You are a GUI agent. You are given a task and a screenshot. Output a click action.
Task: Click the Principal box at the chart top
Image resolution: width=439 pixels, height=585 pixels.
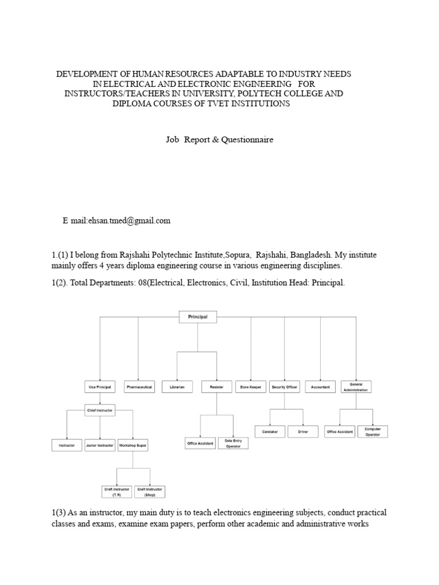(197, 316)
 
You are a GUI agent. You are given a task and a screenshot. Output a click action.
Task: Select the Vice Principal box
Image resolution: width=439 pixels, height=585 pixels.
(99, 387)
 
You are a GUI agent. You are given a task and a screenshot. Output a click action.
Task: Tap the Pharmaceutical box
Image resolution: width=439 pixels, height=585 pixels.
(139, 387)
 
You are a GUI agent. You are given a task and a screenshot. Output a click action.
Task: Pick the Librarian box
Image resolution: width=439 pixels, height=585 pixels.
(177, 387)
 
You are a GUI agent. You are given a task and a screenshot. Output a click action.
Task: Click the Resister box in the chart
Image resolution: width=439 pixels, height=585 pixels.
(217, 387)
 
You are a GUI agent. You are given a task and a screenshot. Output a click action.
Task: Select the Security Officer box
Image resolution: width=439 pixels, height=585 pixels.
(285, 387)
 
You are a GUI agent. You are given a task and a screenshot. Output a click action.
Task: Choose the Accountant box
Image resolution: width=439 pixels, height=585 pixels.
(320, 387)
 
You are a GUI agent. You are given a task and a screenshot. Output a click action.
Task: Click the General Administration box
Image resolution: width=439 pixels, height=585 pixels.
(356, 387)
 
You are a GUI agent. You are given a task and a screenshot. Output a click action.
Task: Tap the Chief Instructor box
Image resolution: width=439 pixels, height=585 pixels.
(99, 410)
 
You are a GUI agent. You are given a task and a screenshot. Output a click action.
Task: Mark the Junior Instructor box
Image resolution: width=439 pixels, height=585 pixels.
(99, 445)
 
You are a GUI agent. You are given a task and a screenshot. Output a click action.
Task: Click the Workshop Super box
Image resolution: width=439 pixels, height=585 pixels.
(133, 445)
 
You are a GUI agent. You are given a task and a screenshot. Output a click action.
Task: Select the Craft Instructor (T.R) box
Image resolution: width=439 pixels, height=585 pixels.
(117, 492)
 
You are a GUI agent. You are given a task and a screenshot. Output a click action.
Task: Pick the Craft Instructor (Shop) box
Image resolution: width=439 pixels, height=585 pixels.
(150, 492)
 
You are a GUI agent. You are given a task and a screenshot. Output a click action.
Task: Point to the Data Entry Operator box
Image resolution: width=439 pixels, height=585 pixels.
(233, 443)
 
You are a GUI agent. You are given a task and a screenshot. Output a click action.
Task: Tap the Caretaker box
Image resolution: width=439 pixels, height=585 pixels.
(269, 432)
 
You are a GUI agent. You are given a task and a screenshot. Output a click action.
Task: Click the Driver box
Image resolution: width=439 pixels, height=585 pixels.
(303, 432)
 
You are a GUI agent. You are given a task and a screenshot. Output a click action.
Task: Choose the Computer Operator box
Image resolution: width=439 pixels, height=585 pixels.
(373, 431)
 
